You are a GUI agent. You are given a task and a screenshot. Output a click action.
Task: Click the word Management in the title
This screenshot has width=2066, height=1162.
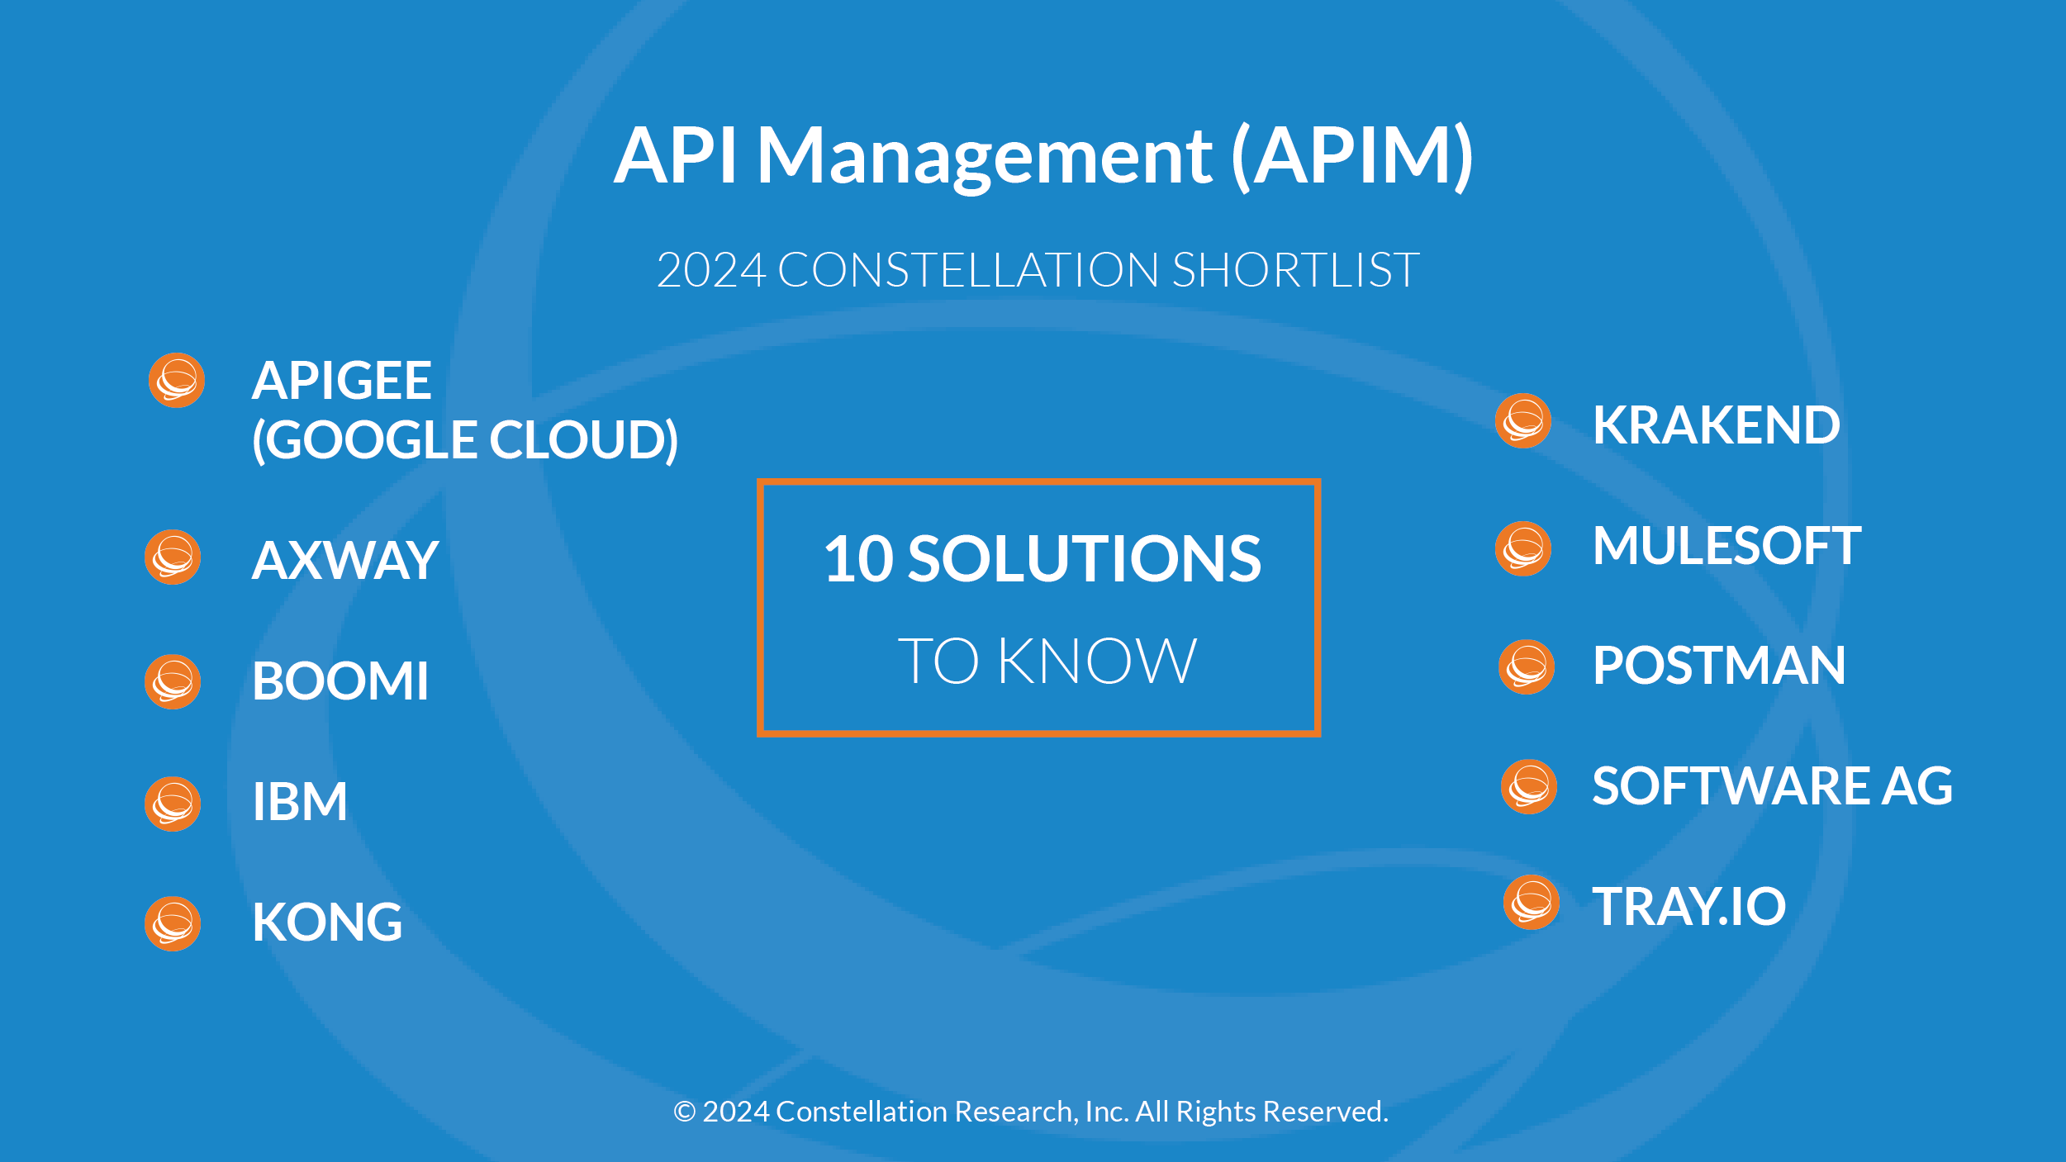coord(985,157)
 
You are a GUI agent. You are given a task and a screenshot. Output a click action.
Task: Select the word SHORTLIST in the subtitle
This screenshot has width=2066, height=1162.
coord(1295,270)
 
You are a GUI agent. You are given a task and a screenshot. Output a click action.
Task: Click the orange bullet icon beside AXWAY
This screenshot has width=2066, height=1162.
coord(173,557)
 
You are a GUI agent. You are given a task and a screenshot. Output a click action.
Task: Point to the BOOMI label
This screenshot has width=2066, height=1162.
coord(340,681)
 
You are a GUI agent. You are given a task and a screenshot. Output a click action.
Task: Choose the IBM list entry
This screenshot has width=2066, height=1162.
coord(299,802)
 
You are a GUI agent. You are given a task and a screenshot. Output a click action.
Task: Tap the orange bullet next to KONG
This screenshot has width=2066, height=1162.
coord(173,923)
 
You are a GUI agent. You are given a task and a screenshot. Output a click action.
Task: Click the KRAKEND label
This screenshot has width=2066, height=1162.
coord(1716,425)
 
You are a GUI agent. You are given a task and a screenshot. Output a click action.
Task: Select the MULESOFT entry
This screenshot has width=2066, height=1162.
coord(1726,546)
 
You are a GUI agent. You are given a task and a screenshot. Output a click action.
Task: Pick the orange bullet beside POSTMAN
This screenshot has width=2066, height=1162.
coord(1527,667)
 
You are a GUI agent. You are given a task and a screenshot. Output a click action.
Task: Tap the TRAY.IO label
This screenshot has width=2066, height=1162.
coord(1689,906)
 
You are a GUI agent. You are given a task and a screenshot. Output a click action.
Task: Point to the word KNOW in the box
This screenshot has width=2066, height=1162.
coord(1097,662)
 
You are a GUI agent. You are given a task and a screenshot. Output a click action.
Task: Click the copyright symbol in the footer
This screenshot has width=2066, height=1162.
coord(684,1112)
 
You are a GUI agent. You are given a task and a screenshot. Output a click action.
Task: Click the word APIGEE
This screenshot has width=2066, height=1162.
coord(341,381)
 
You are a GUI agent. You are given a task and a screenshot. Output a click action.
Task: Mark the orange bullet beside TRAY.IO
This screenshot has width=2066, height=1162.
coord(1532,903)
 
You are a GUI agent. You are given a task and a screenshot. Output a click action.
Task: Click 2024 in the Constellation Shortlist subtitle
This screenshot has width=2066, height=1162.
coord(711,270)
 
